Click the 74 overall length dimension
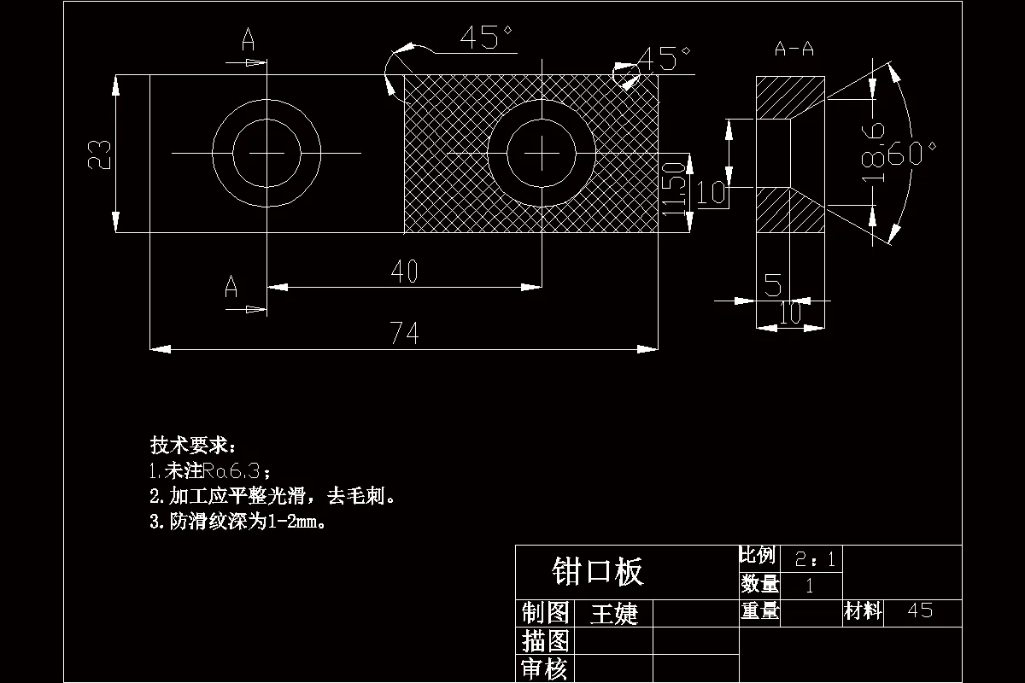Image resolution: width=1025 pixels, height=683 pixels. (404, 334)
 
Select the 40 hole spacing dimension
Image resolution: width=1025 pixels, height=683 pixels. (404, 272)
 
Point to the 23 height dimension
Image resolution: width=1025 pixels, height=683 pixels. (100, 154)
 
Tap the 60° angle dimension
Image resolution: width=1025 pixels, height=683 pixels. (912, 155)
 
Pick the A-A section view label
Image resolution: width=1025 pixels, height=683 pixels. (794, 50)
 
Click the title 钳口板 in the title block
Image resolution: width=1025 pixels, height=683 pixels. (598, 571)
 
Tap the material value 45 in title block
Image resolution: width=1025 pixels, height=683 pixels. (921, 610)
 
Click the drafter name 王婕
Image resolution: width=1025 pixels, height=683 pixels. (614, 613)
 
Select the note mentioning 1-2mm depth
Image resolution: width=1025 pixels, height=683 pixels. (239, 522)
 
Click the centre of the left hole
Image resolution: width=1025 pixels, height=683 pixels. (266, 153)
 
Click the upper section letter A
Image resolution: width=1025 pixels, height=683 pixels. (248, 39)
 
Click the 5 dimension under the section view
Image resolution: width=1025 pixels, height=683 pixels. (773, 284)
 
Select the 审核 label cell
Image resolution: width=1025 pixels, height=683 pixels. (544, 669)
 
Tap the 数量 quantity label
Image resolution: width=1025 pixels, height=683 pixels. (759, 585)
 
